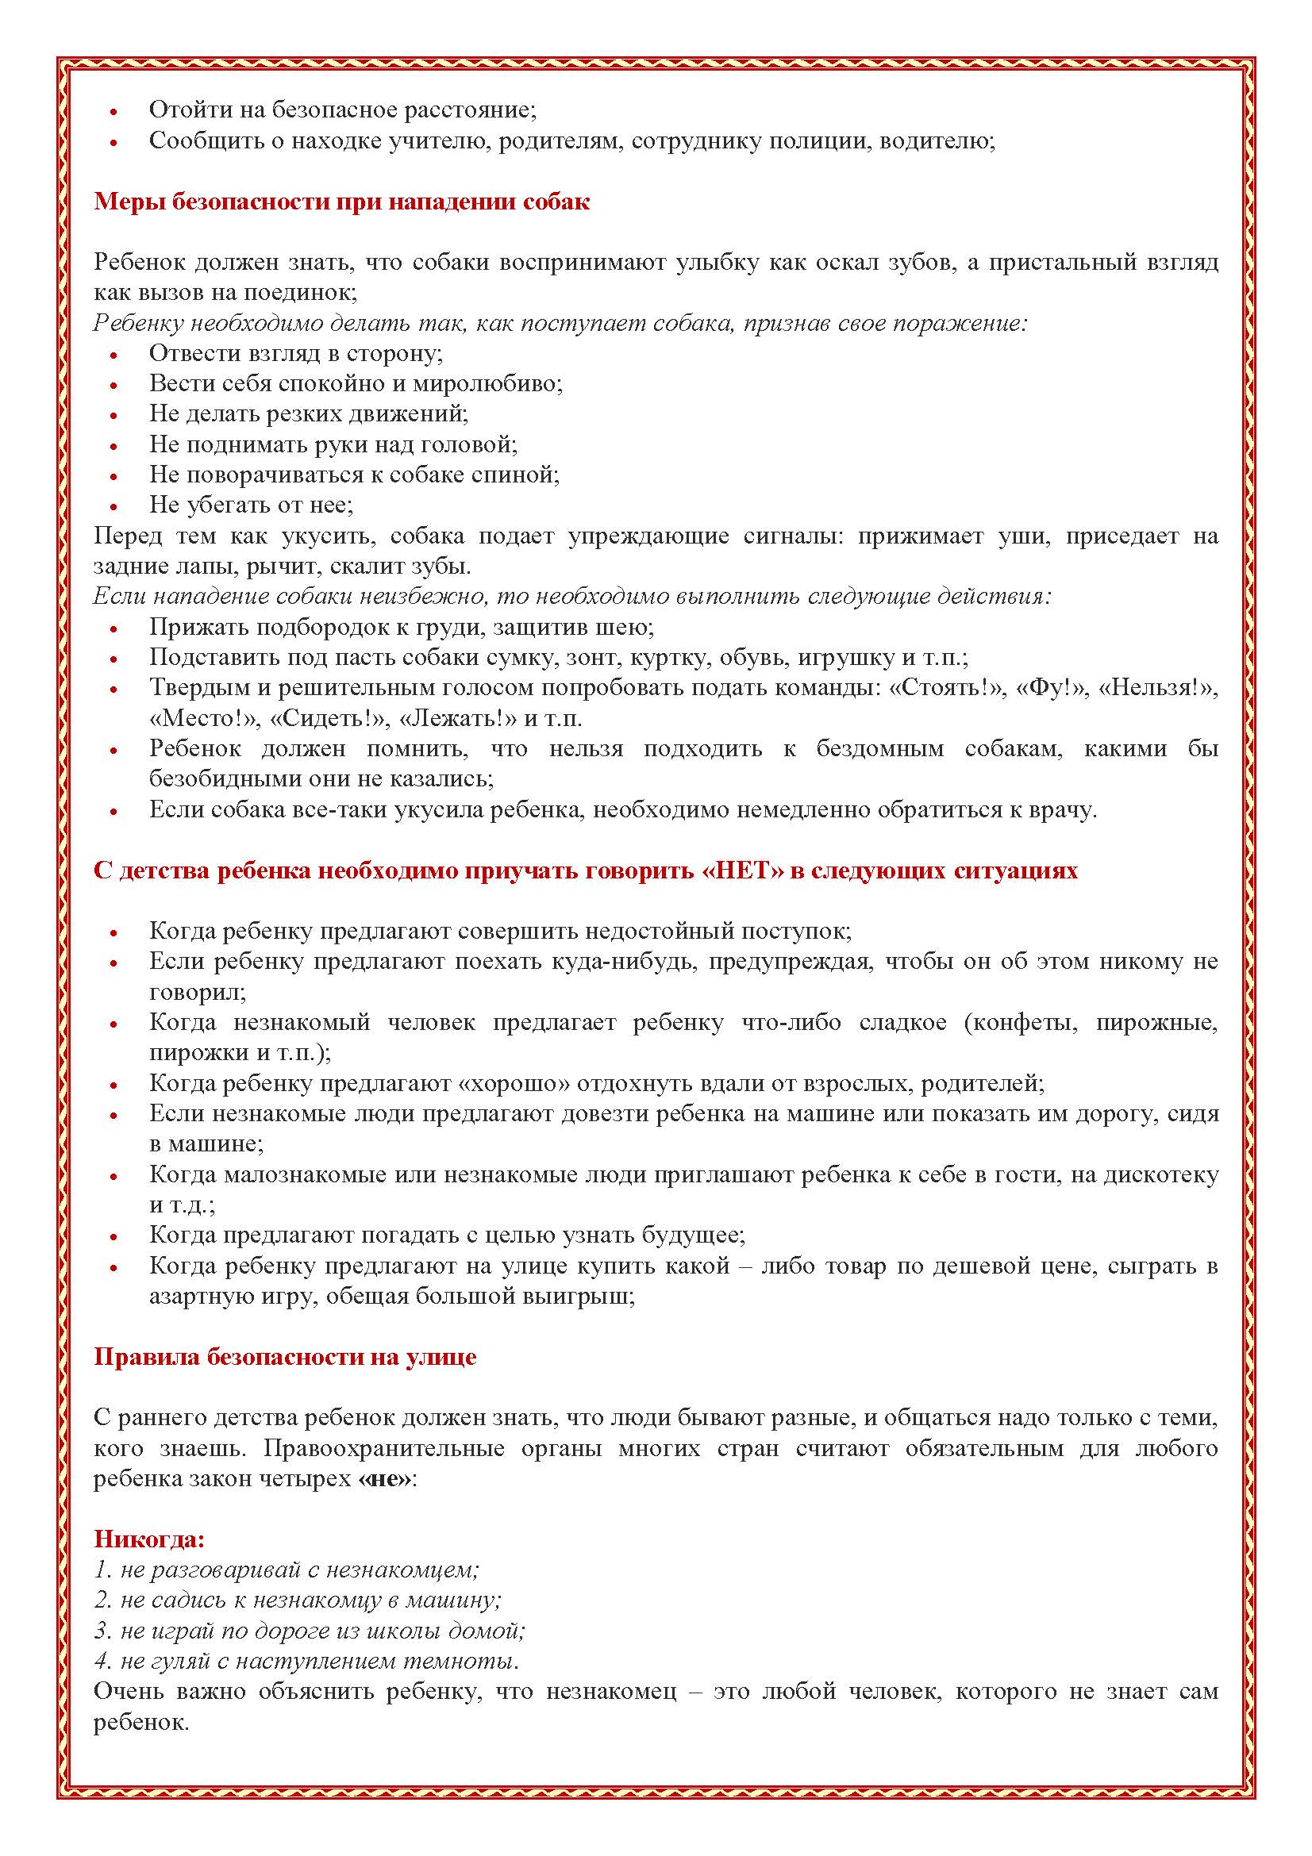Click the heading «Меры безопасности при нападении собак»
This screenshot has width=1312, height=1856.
pyautogui.click(x=341, y=202)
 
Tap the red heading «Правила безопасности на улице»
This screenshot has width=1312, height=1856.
pyautogui.click(x=285, y=1356)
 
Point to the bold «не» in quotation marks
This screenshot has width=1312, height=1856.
pyautogui.click(x=385, y=1478)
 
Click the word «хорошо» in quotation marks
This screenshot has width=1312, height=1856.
pyautogui.click(x=511, y=1083)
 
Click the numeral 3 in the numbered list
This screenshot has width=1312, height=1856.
pyautogui.click(x=101, y=1631)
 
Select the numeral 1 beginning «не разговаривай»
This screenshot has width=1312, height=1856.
pyautogui.click(x=100, y=1570)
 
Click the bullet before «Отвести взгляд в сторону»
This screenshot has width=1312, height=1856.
pyautogui.click(x=114, y=355)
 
